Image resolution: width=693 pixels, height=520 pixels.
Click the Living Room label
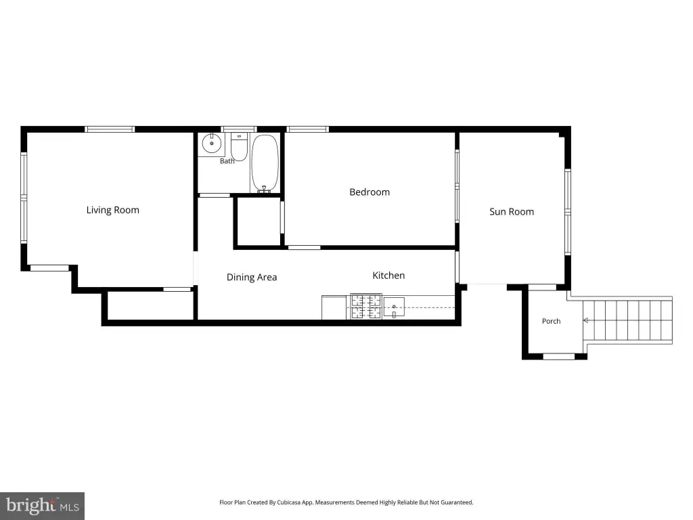(x=113, y=210)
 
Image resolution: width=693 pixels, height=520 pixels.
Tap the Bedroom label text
(x=370, y=192)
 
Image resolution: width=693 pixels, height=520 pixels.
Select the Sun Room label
(x=512, y=212)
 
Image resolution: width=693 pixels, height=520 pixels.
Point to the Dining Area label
(x=252, y=277)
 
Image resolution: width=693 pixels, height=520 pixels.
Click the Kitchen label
(x=388, y=276)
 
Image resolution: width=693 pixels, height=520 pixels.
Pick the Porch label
(x=551, y=321)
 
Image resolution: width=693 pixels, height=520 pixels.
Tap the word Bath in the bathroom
(x=227, y=161)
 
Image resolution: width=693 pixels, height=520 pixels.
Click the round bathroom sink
(x=212, y=144)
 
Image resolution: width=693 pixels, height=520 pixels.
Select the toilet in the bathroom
(x=239, y=147)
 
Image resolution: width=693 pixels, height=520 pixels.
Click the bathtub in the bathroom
(x=265, y=163)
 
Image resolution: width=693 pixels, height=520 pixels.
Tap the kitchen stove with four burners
(x=366, y=306)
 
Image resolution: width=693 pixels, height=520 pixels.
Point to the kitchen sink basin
(x=394, y=307)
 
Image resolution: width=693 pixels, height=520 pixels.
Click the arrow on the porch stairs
(x=585, y=320)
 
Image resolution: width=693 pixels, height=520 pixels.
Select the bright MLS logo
(x=42, y=506)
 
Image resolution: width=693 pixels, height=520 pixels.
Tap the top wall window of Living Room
(x=110, y=129)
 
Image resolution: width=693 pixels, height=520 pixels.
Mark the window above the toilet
(x=239, y=129)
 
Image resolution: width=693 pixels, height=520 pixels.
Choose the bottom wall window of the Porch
(x=558, y=356)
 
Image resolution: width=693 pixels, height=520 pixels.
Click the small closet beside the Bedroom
(x=259, y=221)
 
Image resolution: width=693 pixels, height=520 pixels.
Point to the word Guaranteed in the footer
(x=460, y=502)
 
